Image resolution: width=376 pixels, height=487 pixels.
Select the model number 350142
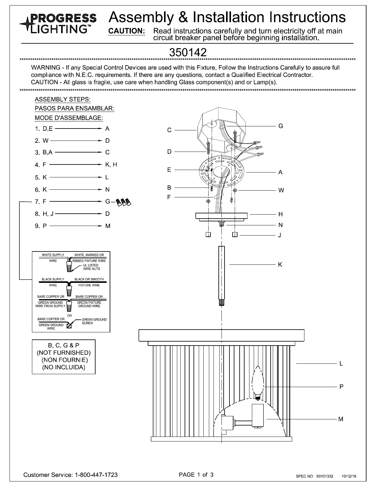[188, 52]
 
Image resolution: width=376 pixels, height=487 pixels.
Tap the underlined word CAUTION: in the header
[127, 31]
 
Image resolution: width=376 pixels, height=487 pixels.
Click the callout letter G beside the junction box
[280, 126]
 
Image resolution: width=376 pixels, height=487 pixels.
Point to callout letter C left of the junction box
[169, 130]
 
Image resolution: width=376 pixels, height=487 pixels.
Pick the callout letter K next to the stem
[280, 265]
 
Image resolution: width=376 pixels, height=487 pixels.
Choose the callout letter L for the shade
[341, 364]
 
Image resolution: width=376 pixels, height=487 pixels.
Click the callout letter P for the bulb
[341, 387]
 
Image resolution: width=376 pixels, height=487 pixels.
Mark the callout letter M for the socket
[341, 419]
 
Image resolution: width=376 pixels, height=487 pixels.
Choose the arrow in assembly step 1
[78, 129]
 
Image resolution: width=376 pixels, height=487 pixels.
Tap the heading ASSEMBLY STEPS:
[63, 100]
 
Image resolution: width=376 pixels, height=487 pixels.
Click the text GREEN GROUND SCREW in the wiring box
[94, 321]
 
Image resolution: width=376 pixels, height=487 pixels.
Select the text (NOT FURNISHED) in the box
[64, 353]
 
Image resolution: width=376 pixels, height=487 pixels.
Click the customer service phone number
[96, 475]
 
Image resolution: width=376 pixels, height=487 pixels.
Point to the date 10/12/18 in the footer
[349, 476]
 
